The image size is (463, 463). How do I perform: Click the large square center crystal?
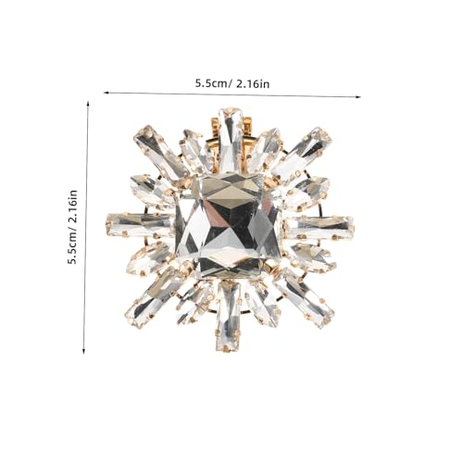(x=229, y=225)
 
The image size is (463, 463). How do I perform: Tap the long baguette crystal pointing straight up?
(x=230, y=140)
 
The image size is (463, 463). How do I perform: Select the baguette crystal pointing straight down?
(x=229, y=317)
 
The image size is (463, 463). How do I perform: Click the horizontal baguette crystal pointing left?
(x=141, y=224)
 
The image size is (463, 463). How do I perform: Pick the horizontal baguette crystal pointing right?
(x=319, y=228)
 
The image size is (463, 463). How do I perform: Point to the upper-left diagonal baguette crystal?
(x=160, y=152)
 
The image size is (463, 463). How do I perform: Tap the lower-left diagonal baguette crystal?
(x=156, y=297)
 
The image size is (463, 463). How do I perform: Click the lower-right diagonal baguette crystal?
(x=304, y=297)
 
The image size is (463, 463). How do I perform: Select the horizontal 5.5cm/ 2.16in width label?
(x=232, y=83)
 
